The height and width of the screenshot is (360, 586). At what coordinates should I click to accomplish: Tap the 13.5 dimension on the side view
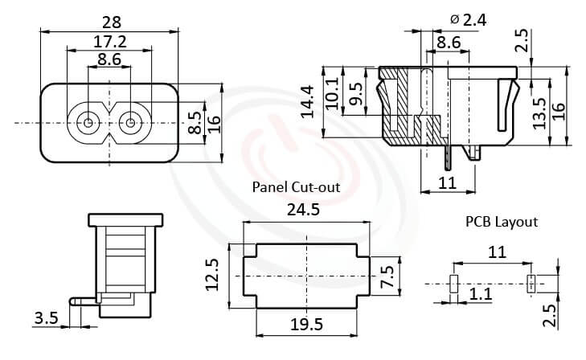pyautogui.click(x=540, y=112)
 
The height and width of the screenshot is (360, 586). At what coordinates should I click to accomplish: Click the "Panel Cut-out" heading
pyautogui.click(x=296, y=187)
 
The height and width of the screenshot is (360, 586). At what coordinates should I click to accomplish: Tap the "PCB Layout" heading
pyautogui.click(x=501, y=221)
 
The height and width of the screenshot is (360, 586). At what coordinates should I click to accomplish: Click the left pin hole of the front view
pyautogui.click(x=87, y=125)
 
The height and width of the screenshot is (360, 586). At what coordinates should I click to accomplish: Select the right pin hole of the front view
pyautogui.click(x=129, y=125)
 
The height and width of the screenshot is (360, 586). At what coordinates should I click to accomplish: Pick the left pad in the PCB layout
pyautogui.click(x=453, y=283)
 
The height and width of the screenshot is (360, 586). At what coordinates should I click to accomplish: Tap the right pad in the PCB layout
pyautogui.click(x=530, y=283)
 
